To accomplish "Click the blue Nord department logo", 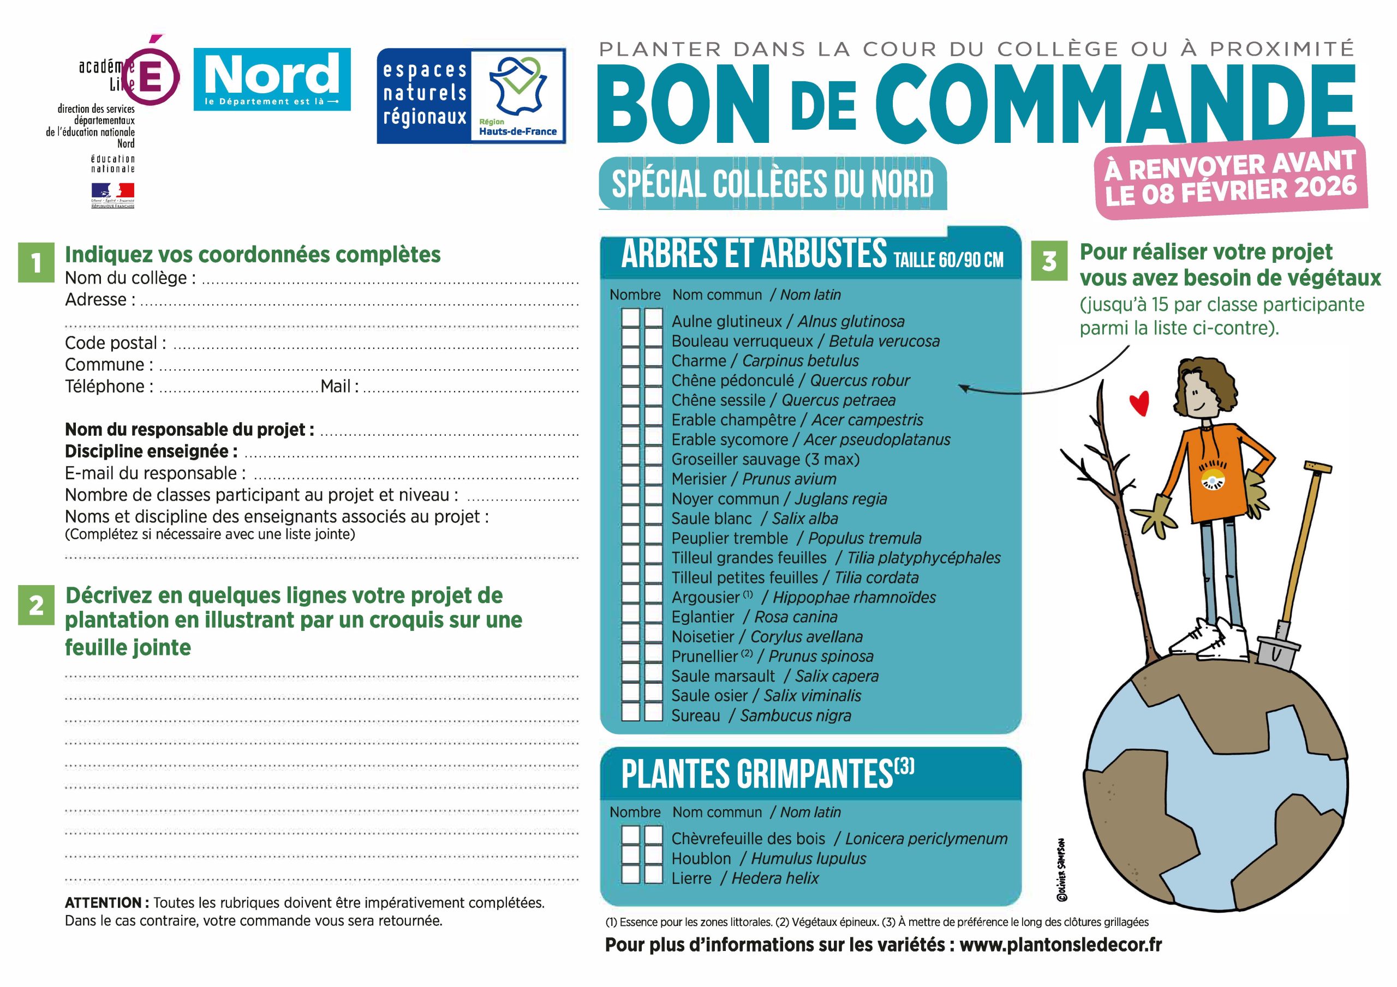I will coord(272,80).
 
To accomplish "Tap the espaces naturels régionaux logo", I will coord(471,96).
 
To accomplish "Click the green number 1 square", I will coord(36,263).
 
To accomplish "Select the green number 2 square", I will coord(36,605).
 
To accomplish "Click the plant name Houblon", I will coord(701,859).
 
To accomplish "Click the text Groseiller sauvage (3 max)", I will coord(766,459).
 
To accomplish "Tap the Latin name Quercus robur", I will coord(859,381).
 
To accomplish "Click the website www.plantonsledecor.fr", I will coord(1060,945).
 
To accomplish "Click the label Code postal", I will coord(115,343).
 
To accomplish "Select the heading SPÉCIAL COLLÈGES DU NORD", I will coord(772,184).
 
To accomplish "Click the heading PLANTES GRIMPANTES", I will coord(757,775).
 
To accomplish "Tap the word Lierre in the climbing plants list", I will coord(691,878).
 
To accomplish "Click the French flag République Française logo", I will coord(112,195).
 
